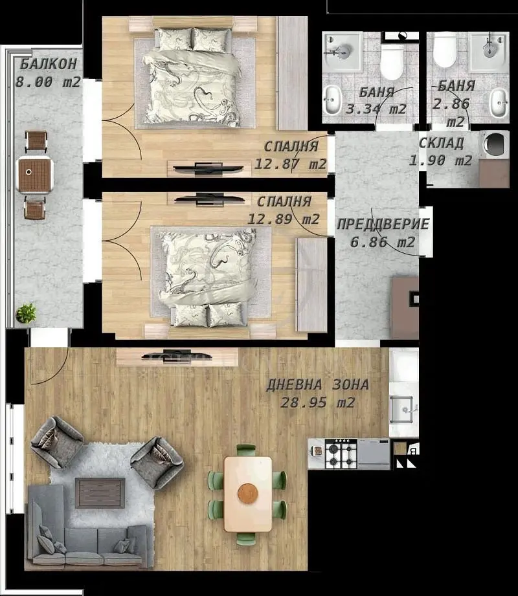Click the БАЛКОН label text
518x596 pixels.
(x=49, y=63)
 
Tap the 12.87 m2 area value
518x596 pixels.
(x=290, y=164)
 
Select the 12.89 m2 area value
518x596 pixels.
(x=284, y=219)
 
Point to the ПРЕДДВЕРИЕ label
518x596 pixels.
(x=383, y=224)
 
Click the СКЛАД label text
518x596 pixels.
(x=441, y=143)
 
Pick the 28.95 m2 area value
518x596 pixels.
(x=317, y=402)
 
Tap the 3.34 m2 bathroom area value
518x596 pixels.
(x=376, y=109)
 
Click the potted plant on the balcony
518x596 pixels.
(x=26, y=313)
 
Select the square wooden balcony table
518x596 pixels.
(x=34, y=175)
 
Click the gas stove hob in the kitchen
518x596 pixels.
(x=341, y=454)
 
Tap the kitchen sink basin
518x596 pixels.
(x=401, y=410)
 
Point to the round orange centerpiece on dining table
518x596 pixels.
(x=248, y=493)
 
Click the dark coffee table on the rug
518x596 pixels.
(x=100, y=493)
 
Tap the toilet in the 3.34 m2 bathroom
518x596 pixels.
(x=392, y=61)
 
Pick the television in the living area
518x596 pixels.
(x=177, y=356)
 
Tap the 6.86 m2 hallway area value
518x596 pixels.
(x=383, y=242)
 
